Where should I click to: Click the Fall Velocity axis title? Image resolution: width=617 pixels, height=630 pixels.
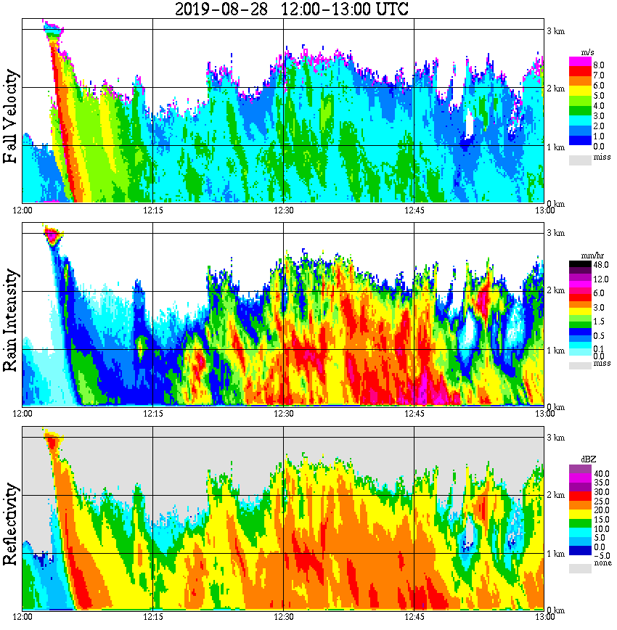pos(11,118)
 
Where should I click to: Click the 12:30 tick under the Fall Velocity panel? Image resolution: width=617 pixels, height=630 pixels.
pos(283,210)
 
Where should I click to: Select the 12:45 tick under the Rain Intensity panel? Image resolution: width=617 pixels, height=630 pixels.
pos(414,414)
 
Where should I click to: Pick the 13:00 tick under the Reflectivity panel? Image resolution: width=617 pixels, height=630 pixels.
pos(544,617)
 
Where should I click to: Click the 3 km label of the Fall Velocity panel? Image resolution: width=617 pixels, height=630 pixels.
pos(556,30)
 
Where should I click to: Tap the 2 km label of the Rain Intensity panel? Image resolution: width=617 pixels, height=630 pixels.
pos(556,291)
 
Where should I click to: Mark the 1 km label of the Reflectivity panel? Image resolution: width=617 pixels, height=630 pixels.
pos(556,553)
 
